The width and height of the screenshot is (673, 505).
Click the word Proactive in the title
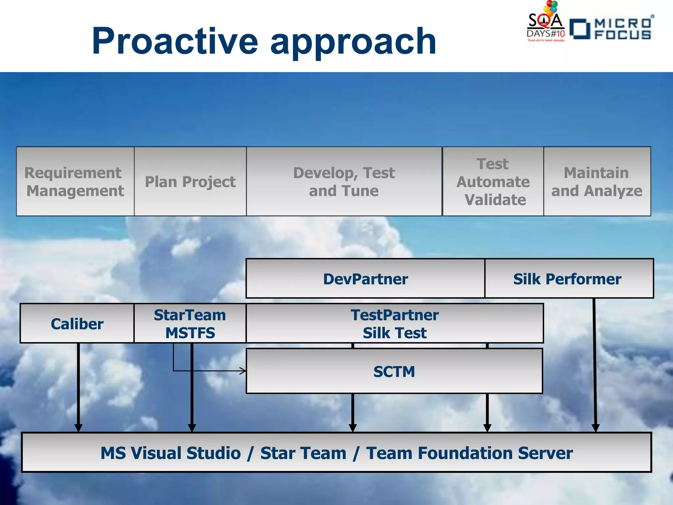click(175, 41)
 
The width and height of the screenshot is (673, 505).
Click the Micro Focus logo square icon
click(580, 29)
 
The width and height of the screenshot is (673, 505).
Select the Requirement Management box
click(75, 181)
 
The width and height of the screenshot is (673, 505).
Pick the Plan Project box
click(190, 181)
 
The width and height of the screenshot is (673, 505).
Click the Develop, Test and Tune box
click(344, 181)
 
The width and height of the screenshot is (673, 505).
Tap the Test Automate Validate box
click(493, 181)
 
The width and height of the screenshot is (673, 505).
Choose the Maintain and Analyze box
click(597, 181)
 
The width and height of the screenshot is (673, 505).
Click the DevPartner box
click(365, 279)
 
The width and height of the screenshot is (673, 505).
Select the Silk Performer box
click(569, 279)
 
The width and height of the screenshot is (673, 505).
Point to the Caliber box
click(77, 324)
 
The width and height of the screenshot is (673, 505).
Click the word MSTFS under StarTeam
click(190, 333)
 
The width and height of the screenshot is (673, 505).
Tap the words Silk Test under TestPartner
click(394, 333)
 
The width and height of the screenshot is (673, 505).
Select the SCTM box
click(394, 372)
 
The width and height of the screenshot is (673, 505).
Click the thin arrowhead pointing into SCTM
click(243, 371)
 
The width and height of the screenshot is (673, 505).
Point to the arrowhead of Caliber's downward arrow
click(78, 428)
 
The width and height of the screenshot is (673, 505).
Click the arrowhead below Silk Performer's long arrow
click(595, 428)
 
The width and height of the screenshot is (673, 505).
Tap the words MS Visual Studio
click(171, 453)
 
